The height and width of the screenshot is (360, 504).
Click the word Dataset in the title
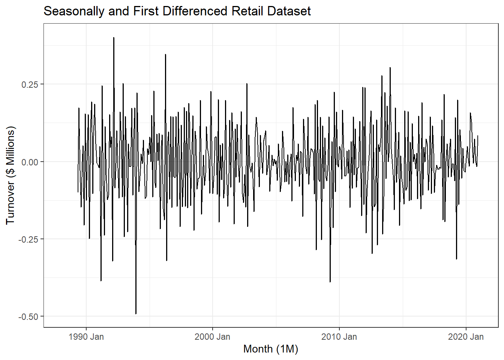tap(289, 11)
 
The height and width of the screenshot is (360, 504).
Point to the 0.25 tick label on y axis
tap(30, 84)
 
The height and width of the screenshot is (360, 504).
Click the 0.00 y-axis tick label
tap(30, 162)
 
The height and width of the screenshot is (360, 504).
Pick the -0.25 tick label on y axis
tap(28, 239)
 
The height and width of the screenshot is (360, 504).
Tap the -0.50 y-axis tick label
tap(28, 316)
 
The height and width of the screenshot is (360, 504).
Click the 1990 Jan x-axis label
tap(86, 337)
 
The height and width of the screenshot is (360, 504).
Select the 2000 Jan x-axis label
tap(212, 337)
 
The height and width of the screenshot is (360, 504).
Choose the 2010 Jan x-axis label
tap(339, 337)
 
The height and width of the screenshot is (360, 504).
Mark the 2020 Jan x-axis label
tap(466, 337)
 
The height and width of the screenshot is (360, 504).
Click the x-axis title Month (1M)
tap(270, 349)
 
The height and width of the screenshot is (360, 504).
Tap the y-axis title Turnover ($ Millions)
tap(10, 175)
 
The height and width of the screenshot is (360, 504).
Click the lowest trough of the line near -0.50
tap(136, 313)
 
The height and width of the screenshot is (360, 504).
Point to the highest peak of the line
tap(114, 38)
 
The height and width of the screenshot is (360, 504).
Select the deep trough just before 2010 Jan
tap(330, 282)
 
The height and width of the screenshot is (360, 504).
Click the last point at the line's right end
tap(478, 136)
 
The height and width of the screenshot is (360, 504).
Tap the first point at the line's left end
tap(78, 192)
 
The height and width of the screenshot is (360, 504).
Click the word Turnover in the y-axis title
tap(10, 203)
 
